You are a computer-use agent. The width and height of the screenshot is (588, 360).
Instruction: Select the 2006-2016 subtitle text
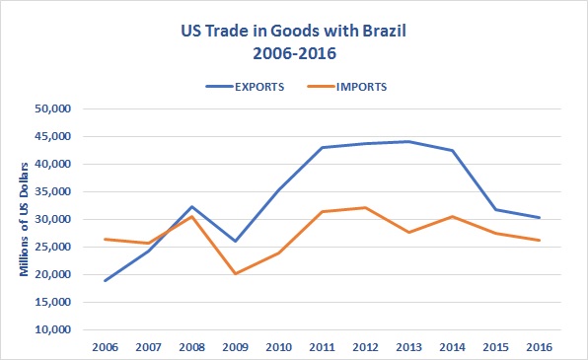tap(293, 51)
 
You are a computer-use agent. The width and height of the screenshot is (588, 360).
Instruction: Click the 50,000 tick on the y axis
tap(65, 108)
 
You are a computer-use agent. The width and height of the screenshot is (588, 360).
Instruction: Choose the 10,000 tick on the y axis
tap(65, 329)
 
